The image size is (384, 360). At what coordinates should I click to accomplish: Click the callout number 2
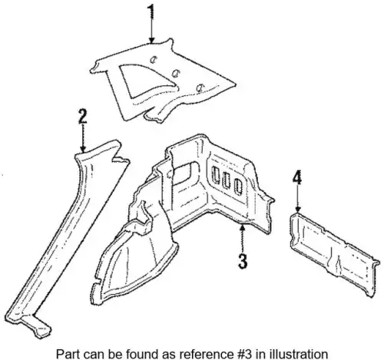[83, 117]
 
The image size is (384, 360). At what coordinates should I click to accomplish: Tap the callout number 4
[297, 177]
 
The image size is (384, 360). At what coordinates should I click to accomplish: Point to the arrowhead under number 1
[152, 40]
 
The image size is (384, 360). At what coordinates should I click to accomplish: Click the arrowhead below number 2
[83, 149]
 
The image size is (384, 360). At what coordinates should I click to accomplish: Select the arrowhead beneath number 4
[297, 209]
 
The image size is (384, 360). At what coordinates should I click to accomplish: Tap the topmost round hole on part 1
[154, 60]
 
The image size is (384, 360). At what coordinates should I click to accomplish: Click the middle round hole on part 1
[175, 74]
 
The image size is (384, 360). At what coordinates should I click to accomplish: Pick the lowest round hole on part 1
[200, 88]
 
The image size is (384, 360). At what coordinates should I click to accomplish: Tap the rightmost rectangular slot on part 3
[238, 187]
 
